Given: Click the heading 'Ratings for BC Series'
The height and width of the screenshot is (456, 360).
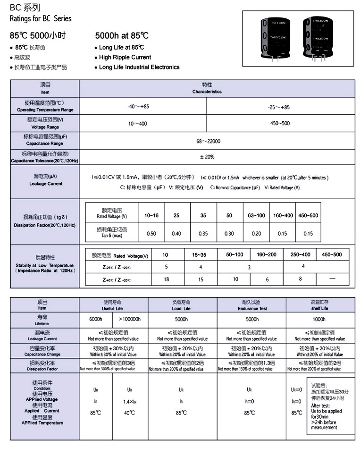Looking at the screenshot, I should point(41,19).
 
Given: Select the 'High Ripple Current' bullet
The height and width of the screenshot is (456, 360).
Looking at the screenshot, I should point(125,57).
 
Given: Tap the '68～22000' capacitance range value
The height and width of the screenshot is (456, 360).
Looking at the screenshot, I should point(208,141).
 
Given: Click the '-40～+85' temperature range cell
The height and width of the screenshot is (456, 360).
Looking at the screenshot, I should point(138,107).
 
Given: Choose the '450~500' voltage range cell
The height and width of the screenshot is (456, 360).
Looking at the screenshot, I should point(280,123).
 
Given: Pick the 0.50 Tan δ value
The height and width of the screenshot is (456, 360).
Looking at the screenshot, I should point(151,234).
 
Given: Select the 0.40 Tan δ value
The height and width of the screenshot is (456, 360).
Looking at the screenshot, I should point(176,234).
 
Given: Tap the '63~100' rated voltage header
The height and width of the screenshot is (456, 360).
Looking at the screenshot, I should point(257,216).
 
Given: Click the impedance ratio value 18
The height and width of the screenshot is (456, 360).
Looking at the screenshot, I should point(166,279).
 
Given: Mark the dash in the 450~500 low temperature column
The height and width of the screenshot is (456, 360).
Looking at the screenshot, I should point(332,279).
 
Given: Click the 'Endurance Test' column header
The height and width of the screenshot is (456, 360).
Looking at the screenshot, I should point(252,305).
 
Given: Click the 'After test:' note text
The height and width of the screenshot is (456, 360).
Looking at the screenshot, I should point(320,405).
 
